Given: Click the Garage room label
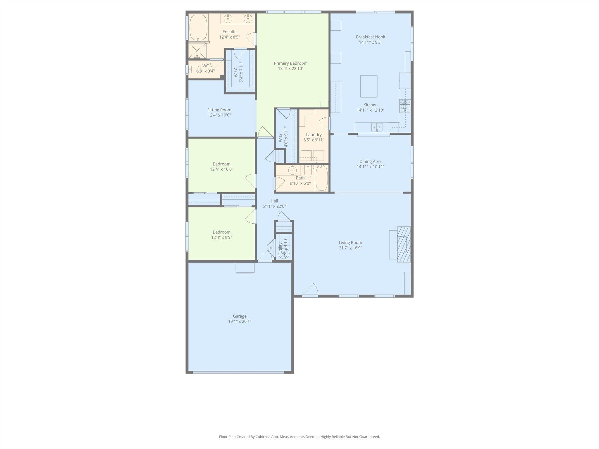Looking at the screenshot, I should pos(240,316).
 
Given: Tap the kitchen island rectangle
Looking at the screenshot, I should pos(369,86).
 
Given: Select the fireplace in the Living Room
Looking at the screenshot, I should pos(404,244).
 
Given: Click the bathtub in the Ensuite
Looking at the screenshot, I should pos(199,27).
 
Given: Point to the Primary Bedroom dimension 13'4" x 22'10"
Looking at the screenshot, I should pos(290,69).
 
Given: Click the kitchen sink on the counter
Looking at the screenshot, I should pos(377,127).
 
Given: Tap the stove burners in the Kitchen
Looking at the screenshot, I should pos(405,106).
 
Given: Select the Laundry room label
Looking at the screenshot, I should pos(314,135).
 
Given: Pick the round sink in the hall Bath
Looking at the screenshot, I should pos(292,170).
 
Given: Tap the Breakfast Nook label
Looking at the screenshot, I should pos(370,37).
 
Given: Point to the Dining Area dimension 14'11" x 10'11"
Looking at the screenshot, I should pos(370,167).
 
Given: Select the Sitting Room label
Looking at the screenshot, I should pos(219,110).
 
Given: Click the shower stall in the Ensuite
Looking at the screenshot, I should pos(197,51).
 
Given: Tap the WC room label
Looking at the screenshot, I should pos(205,66).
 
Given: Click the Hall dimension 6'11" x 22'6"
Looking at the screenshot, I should pos(274,206).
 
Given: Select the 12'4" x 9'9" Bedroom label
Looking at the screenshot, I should pos(221,232).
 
